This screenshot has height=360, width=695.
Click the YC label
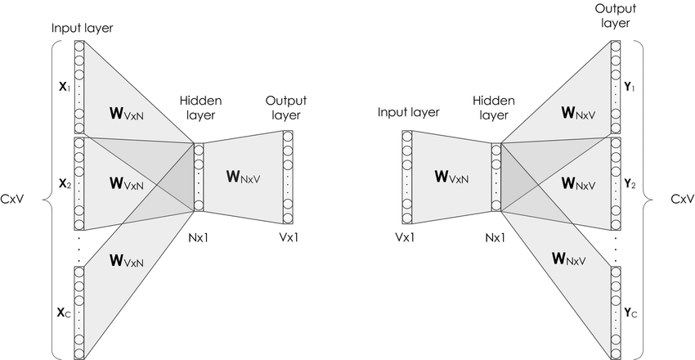(x=629, y=312)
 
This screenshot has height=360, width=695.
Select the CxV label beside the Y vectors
(x=682, y=199)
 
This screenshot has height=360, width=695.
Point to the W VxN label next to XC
(x=126, y=262)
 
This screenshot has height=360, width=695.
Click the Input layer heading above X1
(x=82, y=28)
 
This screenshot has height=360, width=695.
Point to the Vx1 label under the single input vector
(x=405, y=238)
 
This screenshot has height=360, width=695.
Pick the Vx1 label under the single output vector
(x=287, y=238)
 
